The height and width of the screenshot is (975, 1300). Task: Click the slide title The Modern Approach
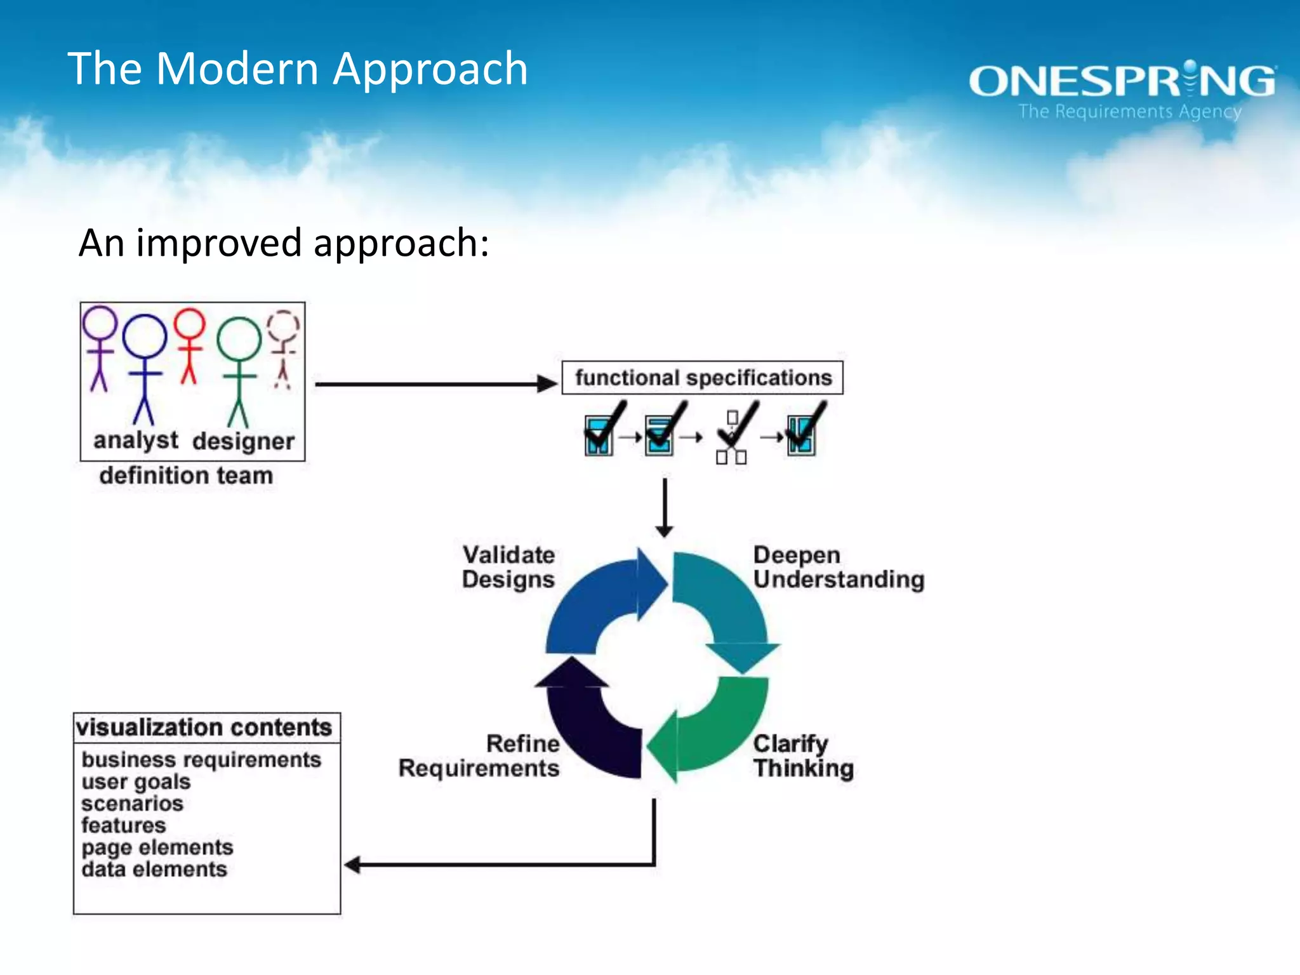297,69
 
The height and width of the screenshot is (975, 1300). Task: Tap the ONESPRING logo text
1122,81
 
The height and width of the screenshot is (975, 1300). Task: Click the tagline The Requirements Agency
1129,112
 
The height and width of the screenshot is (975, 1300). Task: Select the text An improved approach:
284,243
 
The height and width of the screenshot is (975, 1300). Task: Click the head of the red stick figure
190,324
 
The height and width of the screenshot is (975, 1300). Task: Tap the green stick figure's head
239,339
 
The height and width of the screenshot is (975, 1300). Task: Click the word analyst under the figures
136,441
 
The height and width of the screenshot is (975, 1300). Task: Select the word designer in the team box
244,442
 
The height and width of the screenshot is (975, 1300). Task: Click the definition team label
186,475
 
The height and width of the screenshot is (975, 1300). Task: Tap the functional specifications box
703,378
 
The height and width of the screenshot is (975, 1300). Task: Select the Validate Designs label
508,567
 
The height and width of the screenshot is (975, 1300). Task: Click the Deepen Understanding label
838,567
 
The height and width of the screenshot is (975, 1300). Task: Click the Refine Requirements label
480,755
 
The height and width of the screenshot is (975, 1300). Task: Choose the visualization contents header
204,727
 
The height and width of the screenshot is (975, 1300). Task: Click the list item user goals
136,782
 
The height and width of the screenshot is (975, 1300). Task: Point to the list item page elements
157,847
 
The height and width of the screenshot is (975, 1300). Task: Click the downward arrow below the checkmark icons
665,508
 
